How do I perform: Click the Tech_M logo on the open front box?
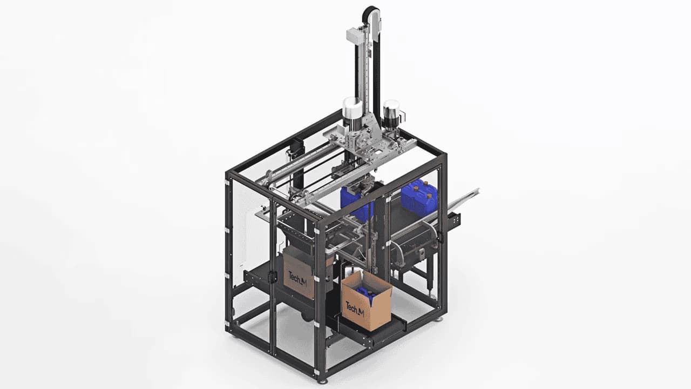(x=355, y=309)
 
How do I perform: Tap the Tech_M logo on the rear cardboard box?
(x=297, y=278)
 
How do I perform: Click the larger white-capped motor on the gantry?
(x=353, y=111)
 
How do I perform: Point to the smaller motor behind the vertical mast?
(x=392, y=113)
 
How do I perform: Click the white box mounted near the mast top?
(x=356, y=35)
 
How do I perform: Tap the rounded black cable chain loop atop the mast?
(x=371, y=13)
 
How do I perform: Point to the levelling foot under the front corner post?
(x=322, y=381)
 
